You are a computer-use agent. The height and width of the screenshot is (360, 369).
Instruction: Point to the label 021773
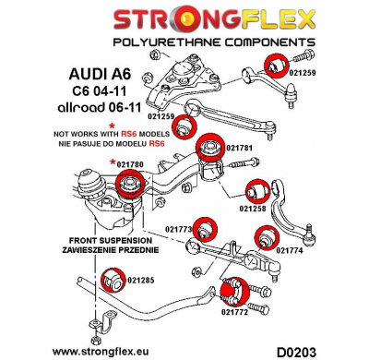click(179, 229)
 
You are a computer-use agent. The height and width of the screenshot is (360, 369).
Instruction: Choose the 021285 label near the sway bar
click(143, 281)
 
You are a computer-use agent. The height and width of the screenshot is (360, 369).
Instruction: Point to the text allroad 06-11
click(101, 113)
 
